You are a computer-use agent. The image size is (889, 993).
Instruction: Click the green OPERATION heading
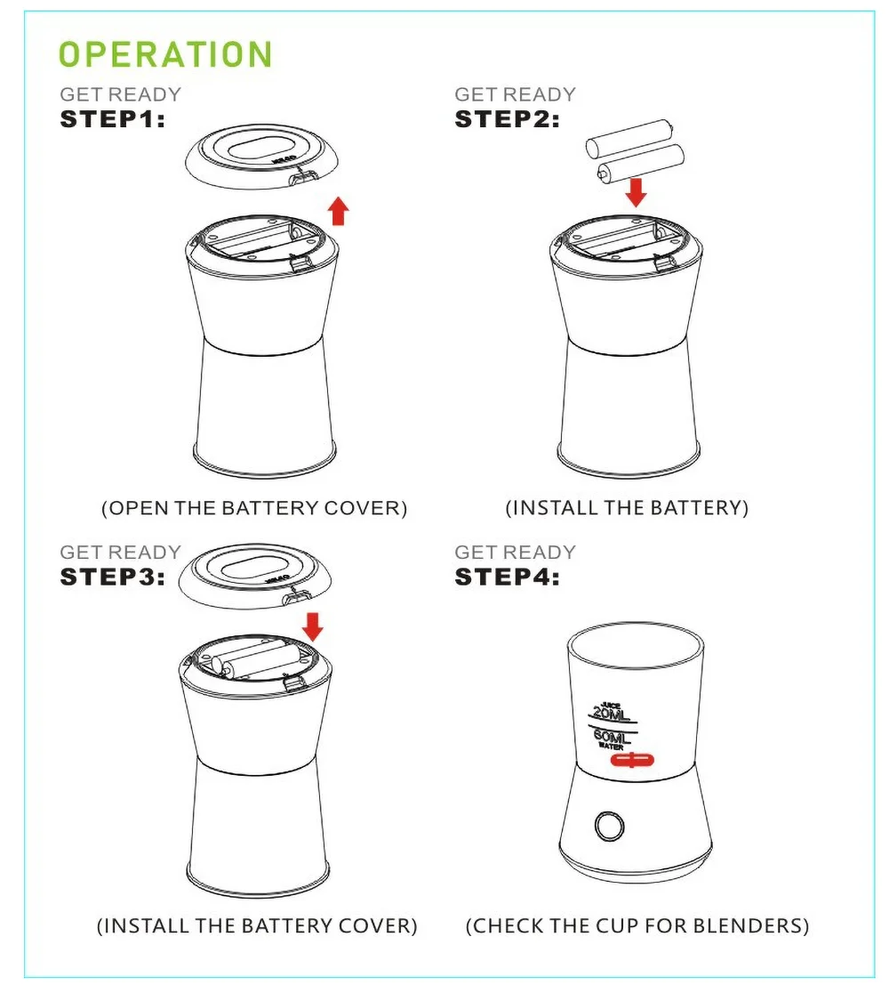pos(165,54)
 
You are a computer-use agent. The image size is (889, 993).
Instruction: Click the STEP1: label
pos(113,119)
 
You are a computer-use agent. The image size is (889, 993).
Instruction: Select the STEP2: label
pos(508,119)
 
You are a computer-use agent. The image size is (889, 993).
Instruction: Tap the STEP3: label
pos(113,577)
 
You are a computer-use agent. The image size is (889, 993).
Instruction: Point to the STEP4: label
pos(508,577)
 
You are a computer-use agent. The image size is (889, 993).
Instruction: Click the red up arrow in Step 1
pos(339,211)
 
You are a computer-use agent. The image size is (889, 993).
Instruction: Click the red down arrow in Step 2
pos(636,192)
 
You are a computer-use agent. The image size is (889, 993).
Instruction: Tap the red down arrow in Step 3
pos(313,626)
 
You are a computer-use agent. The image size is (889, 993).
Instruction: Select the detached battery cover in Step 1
pos(262,157)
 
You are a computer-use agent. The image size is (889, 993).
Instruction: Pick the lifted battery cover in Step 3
pos(255,576)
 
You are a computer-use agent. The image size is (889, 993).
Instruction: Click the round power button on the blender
pos(609,826)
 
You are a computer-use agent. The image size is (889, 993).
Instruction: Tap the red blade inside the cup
pos(632,759)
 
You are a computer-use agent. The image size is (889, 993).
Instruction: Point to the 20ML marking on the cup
pos(612,714)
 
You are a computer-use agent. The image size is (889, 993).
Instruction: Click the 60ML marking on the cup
pos(612,737)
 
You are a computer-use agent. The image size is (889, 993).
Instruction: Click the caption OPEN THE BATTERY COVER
pos(254,508)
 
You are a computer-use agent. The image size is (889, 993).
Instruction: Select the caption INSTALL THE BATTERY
pos(627,508)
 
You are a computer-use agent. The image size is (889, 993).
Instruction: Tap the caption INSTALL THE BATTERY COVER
pos(257,926)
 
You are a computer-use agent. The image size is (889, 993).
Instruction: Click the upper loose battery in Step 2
pos(629,139)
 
